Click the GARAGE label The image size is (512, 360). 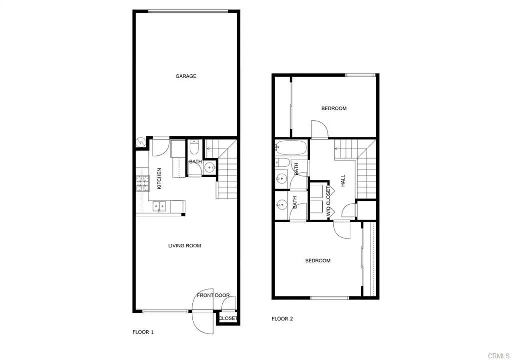tap(186, 76)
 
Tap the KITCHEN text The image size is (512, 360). tap(159, 179)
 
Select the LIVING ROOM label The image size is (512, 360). tap(184, 246)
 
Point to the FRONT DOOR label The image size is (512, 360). tap(213, 295)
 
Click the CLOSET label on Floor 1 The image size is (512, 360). tap(228, 318)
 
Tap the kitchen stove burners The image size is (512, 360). tap(142, 183)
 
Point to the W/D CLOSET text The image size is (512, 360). tap(328, 202)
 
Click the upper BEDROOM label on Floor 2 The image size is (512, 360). tap(334, 108)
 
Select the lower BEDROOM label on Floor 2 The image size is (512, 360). tap(318, 261)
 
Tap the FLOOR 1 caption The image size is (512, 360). tap(143, 332)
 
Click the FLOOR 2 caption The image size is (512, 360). tap(282, 319)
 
